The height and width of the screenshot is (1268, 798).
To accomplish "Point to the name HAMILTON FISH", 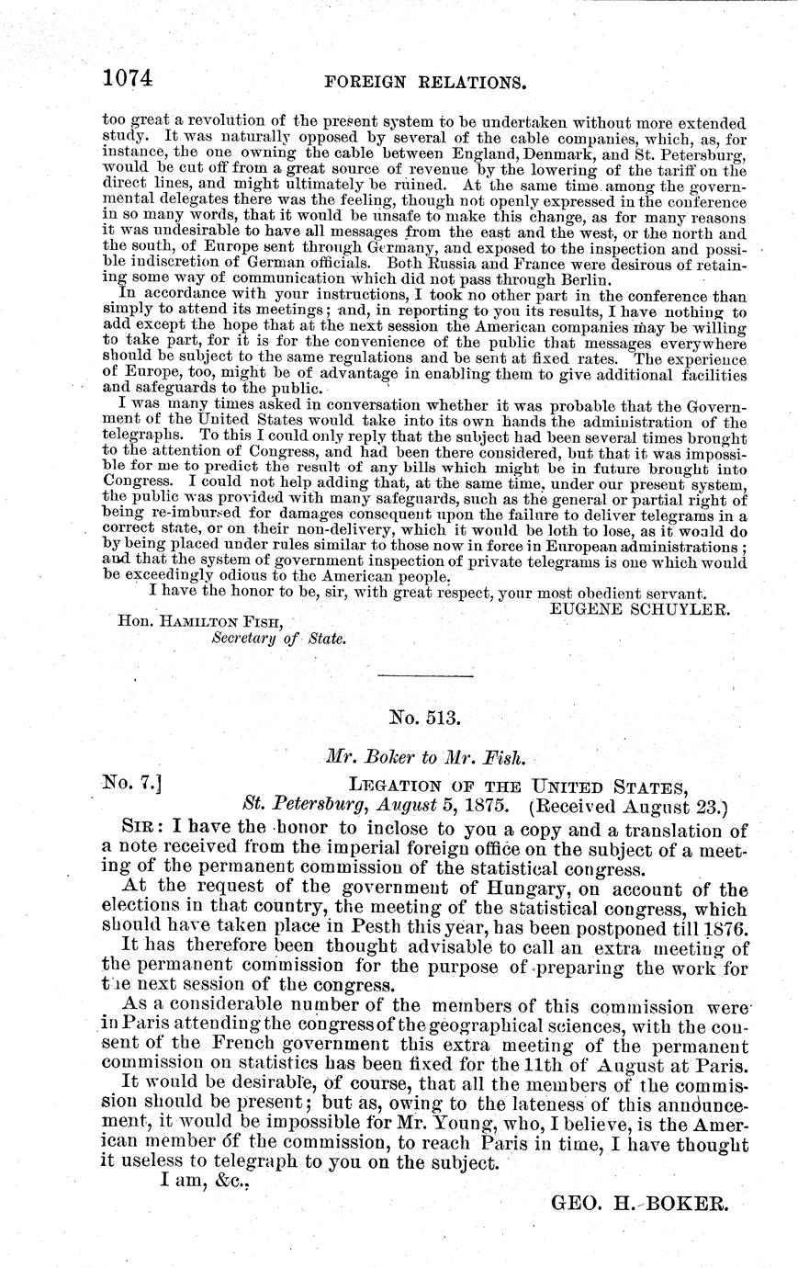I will click(x=201, y=621).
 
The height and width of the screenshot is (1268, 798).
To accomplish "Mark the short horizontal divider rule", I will click(x=425, y=676).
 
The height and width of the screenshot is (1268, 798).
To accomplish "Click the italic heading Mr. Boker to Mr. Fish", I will click(x=424, y=758).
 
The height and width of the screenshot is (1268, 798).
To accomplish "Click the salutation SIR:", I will click(x=145, y=832).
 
